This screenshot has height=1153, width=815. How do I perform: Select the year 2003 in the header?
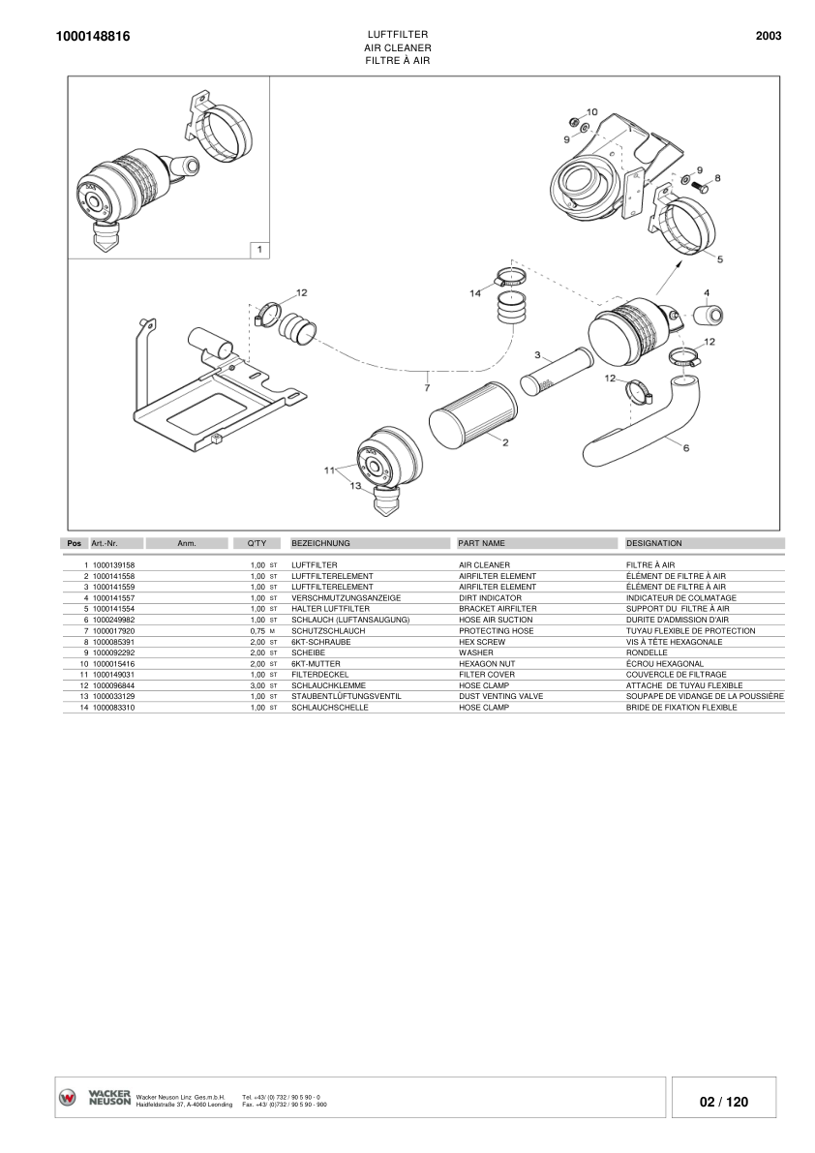pyautogui.click(x=768, y=36)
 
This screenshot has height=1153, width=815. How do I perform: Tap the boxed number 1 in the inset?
pyautogui.click(x=257, y=250)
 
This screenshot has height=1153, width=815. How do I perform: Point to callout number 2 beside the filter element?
pyautogui.click(x=505, y=442)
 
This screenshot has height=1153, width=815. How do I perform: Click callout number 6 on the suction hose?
pyautogui.click(x=685, y=448)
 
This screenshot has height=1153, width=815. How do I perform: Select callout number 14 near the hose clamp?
pyautogui.click(x=475, y=293)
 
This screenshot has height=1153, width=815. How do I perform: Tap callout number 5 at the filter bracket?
pyautogui.click(x=719, y=258)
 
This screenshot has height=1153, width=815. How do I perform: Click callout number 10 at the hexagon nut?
pyautogui.click(x=592, y=112)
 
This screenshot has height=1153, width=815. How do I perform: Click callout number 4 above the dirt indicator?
pyautogui.click(x=707, y=292)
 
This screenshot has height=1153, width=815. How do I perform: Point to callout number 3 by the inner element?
pyautogui.click(x=537, y=355)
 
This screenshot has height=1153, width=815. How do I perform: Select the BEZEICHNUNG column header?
pyautogui.click(x=320, y=543)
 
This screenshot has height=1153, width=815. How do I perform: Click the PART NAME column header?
pyautogui.click(x=481, y=543)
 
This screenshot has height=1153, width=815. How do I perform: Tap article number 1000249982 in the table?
pyautogui.click(x=113, y=620)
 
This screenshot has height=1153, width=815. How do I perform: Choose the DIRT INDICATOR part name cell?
pyautogui.click(x=490, y=597)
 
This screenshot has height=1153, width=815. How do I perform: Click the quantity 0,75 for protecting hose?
pyautogui.click(x=257, y=630)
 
